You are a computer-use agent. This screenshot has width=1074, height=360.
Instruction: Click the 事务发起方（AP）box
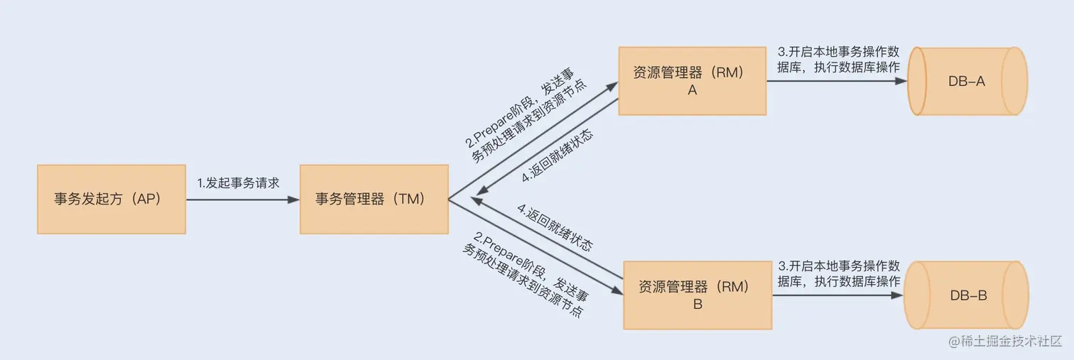click(x=111, y=199)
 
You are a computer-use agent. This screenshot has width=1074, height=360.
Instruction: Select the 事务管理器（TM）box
click(x=374, y=199)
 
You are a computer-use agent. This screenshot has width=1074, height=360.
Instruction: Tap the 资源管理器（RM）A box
click(x=692, y=81)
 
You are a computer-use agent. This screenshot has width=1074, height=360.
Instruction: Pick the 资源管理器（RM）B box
click(x=697, y=295)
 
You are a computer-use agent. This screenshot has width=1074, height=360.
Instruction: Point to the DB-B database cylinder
click(x=967, y=295)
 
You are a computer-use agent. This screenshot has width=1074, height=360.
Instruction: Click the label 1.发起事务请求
click(x=238, y=183)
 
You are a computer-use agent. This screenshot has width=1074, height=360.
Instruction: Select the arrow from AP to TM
click(x=242, y=200)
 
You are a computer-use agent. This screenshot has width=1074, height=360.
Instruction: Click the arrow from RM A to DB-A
click(x=831, y=81)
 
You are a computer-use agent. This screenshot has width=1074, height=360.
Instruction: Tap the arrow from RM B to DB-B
click(x=831, y=295)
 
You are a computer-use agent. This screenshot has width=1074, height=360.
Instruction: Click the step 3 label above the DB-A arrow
click(x=839, y=60)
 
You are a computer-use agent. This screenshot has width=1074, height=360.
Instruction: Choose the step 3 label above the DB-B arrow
click(x=839, y=274)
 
